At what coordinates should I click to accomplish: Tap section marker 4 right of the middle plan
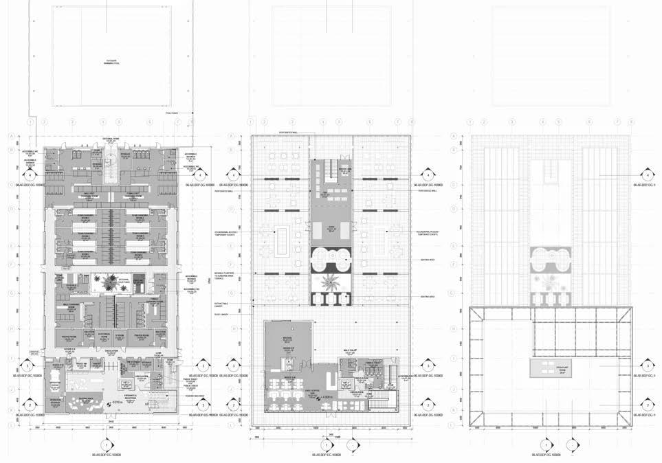tap(427, 175)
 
